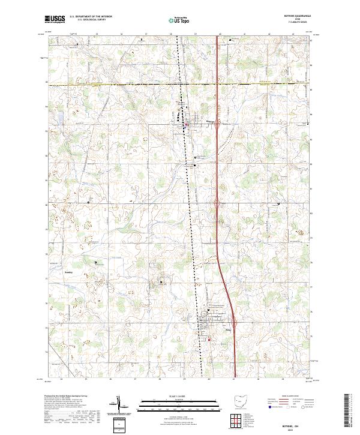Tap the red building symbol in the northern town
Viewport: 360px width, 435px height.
tap(187, 125)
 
